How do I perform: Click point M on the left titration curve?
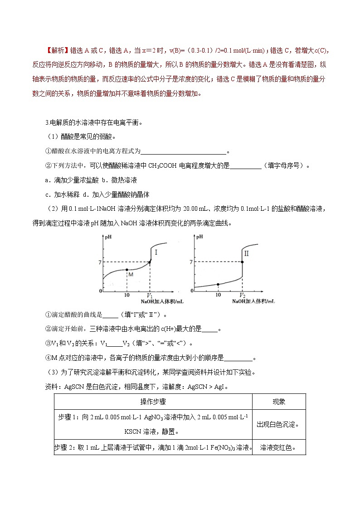[126, 270]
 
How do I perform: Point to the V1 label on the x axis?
[150, 295]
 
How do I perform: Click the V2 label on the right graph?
[243, 295]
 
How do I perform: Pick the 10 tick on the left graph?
[126, 295]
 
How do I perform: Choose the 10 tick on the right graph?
[218, 295]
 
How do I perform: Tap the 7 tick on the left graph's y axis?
[100, 262]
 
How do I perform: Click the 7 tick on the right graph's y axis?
[191, 262]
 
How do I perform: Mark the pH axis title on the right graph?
[200, 237]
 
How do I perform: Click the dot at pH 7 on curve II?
[242, 262]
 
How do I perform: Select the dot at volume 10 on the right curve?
[218, 284]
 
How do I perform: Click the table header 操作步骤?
[153, 402]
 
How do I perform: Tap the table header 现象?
[278, 402]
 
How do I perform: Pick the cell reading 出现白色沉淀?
[278, 425]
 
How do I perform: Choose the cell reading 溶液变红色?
[278, 447]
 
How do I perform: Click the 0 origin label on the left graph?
[101, 291]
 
